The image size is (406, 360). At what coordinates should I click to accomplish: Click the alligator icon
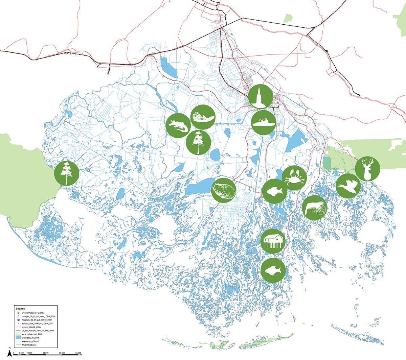(x=178, y=126)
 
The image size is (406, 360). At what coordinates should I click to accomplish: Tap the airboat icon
(x=202, y=117)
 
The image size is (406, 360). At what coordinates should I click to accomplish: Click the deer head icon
(x=367, y=169)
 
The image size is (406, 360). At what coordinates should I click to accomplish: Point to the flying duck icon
(x=348, y=186)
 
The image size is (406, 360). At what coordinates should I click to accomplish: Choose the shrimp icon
(x=315, y=208)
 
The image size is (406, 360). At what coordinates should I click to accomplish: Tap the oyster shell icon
(x=224, y=190)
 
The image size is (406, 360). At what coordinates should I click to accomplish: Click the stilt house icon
(x=273, y=241)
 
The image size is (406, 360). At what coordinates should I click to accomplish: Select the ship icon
(x=264, y=122)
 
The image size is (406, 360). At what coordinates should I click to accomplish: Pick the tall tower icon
(x=261, y=96)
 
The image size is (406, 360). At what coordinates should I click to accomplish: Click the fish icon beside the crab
(x=274, y=191)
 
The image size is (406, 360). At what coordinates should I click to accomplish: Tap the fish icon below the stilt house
(x=273, y=270)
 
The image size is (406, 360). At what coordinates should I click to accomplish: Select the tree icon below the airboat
(x=199, y=142)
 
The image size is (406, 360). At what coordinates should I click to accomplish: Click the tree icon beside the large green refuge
(x=67, y=173)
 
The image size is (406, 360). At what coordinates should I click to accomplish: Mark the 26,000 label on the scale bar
(x=46, y=353)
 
